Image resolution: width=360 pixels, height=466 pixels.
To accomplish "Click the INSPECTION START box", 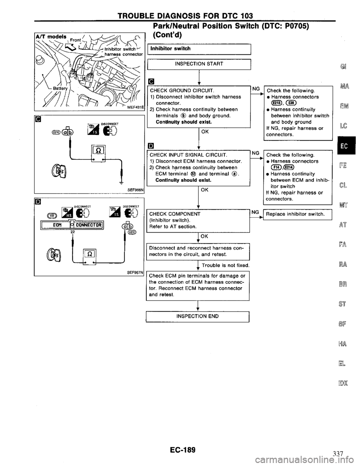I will (199, 64).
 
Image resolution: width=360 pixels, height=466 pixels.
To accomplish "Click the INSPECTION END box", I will (199, 316).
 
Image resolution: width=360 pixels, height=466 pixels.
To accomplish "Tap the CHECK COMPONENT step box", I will (199, 220).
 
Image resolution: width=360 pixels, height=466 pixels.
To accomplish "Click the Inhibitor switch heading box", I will (199, 48).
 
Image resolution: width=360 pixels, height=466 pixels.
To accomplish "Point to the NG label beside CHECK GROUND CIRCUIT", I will (256, 89).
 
